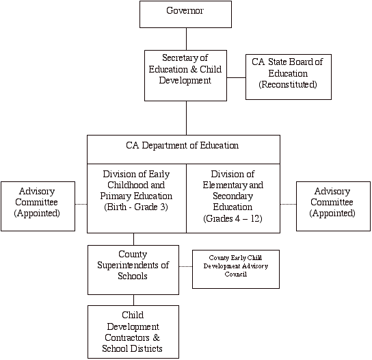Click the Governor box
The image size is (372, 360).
coord(185,14)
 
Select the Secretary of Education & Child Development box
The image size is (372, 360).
coord(185,75)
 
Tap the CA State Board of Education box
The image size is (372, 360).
coord(289,77)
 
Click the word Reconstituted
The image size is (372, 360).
coord(288,85)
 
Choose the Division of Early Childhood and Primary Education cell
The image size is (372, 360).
coord(137,198)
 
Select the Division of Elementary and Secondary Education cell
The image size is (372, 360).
coord(233,198)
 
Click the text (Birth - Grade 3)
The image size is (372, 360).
coord(136,207)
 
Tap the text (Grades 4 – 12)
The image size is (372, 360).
coord(232,218)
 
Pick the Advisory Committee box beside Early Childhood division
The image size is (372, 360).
coord(38,206)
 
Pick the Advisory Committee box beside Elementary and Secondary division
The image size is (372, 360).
coord(333,206)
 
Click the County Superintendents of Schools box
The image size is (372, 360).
coord(133,270)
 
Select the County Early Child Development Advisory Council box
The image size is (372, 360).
coord(236,269)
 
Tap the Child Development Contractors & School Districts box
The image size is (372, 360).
coord(133,332)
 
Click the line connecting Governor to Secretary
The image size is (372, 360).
coord(186,39)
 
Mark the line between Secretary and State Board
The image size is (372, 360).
coord(237,77)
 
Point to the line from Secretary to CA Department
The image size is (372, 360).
coord(186,118)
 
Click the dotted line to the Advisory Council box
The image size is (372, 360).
coord(185,266)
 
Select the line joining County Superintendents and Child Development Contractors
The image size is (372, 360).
coord(133,300)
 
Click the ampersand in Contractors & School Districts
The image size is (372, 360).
coord(156,337)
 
